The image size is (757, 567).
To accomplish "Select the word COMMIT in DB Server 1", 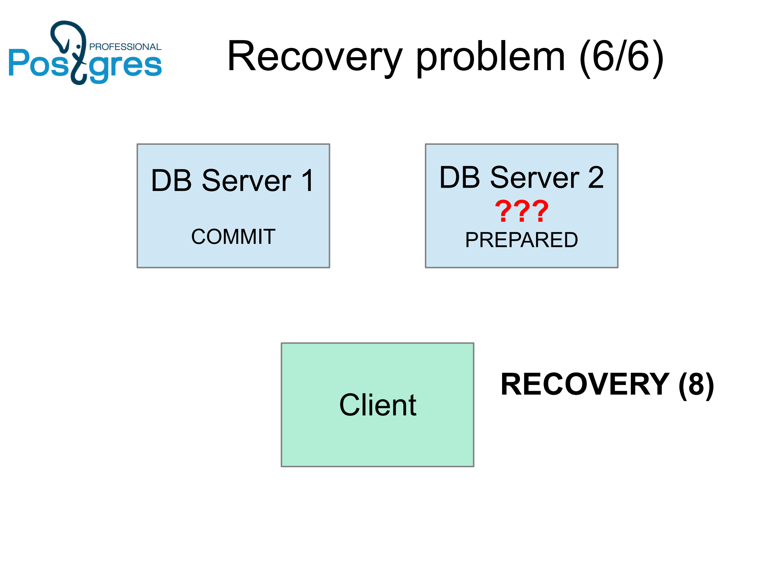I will click(233, 237).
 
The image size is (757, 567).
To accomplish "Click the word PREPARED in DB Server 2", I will click(521, 240).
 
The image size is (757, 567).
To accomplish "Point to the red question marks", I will click(521, 211).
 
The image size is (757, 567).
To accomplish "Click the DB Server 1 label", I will click(233, 181).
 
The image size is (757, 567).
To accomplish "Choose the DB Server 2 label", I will click(521, 177).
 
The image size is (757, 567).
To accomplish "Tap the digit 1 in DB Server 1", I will click(308, 181).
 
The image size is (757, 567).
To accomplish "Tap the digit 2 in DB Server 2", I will click(596, 177).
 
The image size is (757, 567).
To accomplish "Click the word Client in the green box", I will click(378, 405).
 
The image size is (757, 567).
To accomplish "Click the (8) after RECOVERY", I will click(696, 385).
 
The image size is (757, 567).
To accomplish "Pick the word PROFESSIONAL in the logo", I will click(125, 47).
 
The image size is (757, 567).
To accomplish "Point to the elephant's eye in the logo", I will click(78, 47).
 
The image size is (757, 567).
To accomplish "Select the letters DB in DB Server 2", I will click(459, 177).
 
